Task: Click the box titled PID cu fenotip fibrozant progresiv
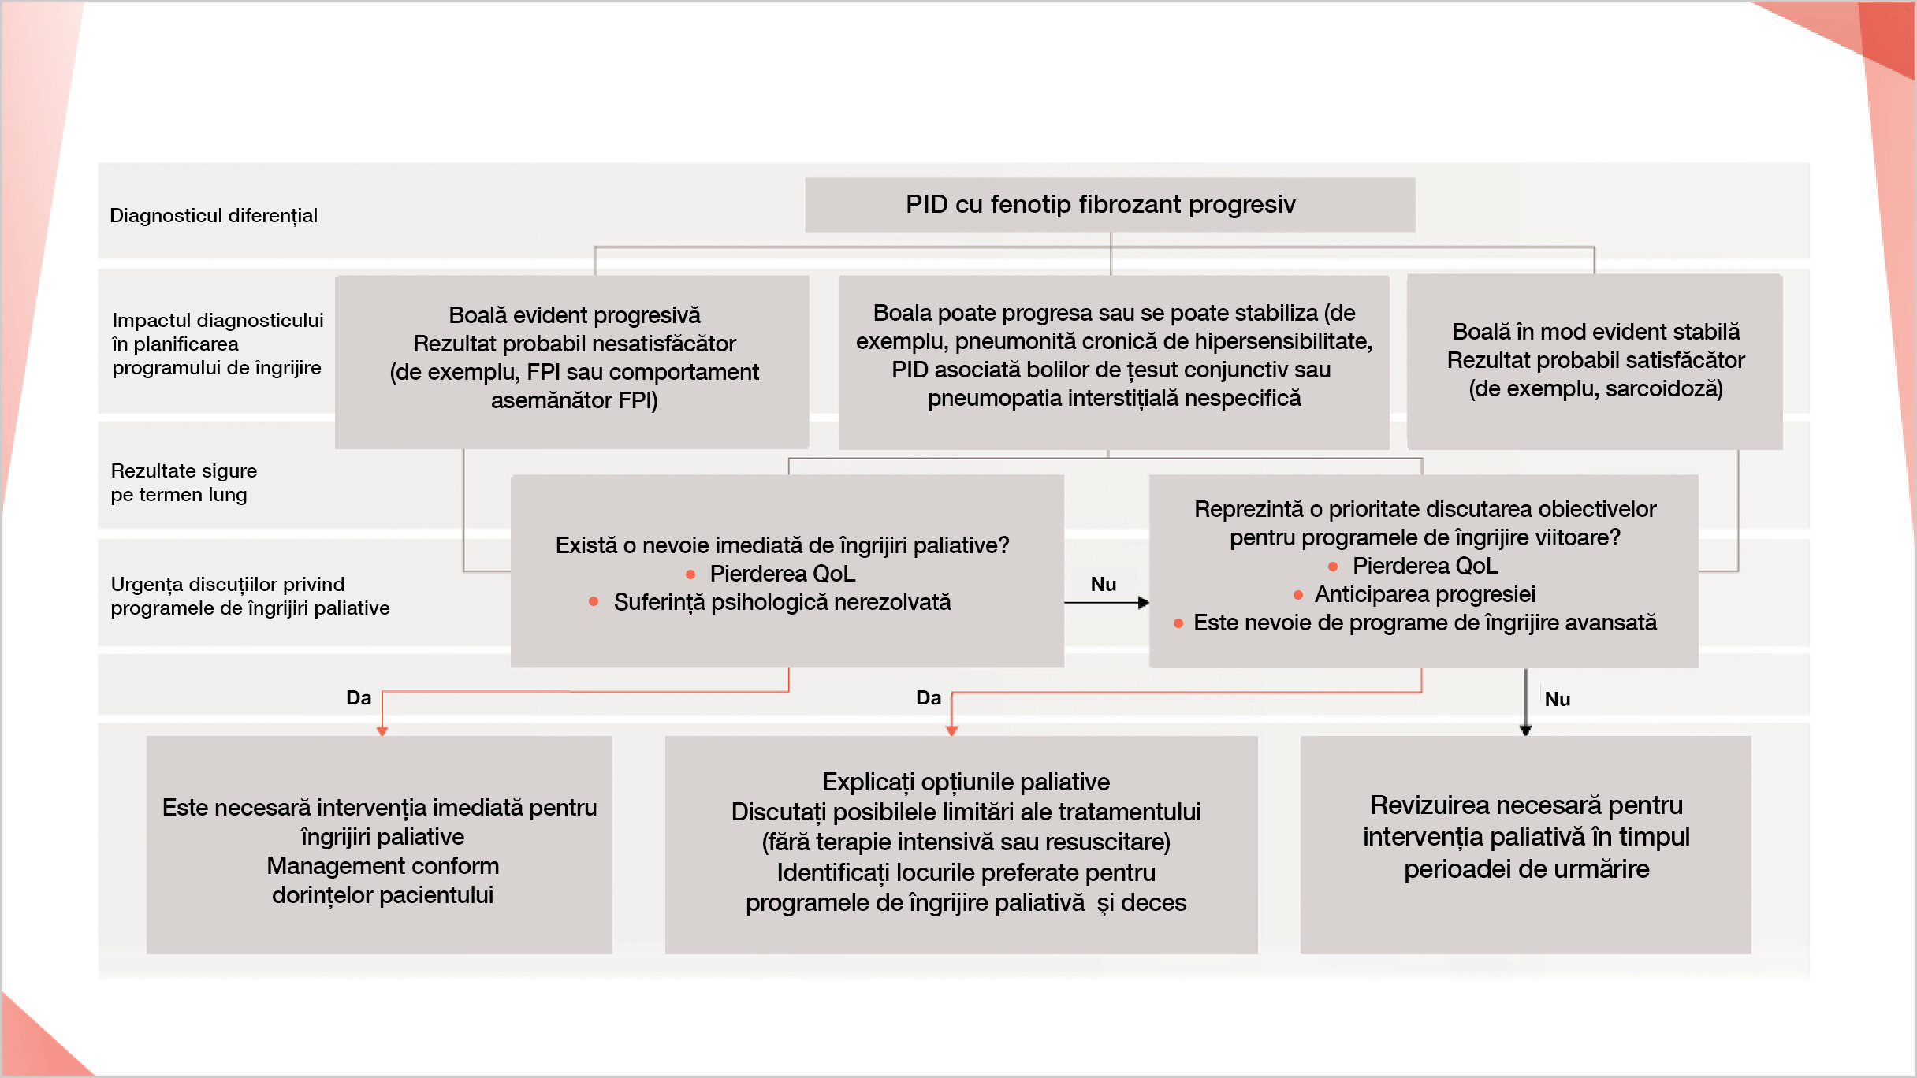click(x=1109, y=205)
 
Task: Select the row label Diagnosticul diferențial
click(x=213, y=216)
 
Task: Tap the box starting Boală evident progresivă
click(x=573, y=359)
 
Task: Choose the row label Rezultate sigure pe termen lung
click(x=183, y=482)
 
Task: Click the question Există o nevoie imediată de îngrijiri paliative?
click(x=782, y=545)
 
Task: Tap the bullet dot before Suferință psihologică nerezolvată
click(x=594, y=602)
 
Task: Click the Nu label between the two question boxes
click(x=1103, y=585)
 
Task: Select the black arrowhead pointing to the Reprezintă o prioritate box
click(x=1144, y=603)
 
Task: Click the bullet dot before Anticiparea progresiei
click(x=1298, y=595)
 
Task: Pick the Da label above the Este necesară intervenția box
click(x=359, y=698)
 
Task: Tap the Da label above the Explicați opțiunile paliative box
click(x=929, y=698)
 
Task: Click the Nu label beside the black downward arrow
click(x=1557, y=700)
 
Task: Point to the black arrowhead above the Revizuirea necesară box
click(x=1525, y=730)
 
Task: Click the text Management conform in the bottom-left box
click(x=382, y=866)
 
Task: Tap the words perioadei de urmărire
click(x=1526, y=869)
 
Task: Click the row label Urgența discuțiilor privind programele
click(x=250, y=597)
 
